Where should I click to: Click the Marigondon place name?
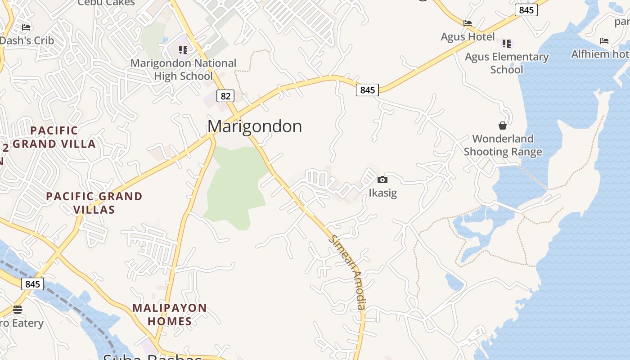point(254,126)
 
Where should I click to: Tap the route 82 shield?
point(225,96)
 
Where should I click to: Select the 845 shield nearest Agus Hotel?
point(526,10)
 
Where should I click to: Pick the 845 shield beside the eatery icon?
point(32,284)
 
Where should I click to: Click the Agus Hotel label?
point(468,37)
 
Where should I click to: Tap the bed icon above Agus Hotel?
point(468,23)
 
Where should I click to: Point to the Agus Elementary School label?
point(507,63)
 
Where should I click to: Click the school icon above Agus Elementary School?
point(507,44)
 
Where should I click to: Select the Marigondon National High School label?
point(183,70)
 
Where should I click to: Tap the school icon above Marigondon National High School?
point(183,49)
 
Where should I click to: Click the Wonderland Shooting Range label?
point(503,145)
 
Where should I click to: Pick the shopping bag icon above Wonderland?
point(503,126)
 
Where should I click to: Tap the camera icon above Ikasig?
point(382,180)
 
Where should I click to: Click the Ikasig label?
point(382,193)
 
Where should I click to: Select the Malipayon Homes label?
point(170,315)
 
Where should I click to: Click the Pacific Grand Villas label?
point(94,203)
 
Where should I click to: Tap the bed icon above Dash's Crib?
point(26,27)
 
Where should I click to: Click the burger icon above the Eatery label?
point(18,310)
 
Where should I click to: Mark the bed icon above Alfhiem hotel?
point(604,41)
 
